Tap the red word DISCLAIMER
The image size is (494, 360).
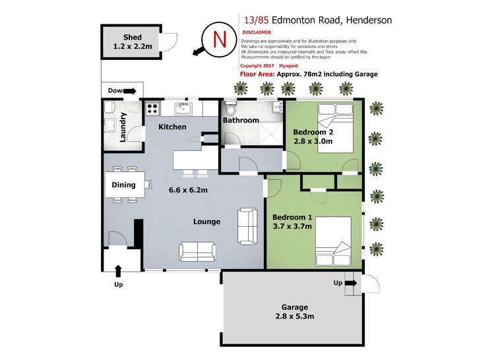click(257, 32)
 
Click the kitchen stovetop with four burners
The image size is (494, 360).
click(153, 109)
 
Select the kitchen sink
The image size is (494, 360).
click(183, 107)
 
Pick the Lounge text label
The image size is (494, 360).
click(206, 222)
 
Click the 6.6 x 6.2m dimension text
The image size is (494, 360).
click(188, 191)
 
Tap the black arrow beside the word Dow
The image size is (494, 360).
click(130, 92)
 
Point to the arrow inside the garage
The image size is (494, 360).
click(350, 284)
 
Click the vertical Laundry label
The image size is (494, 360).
click(123, 127)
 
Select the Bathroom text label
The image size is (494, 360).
click(241, 121)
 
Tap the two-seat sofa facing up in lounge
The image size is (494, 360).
click(197, 251)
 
